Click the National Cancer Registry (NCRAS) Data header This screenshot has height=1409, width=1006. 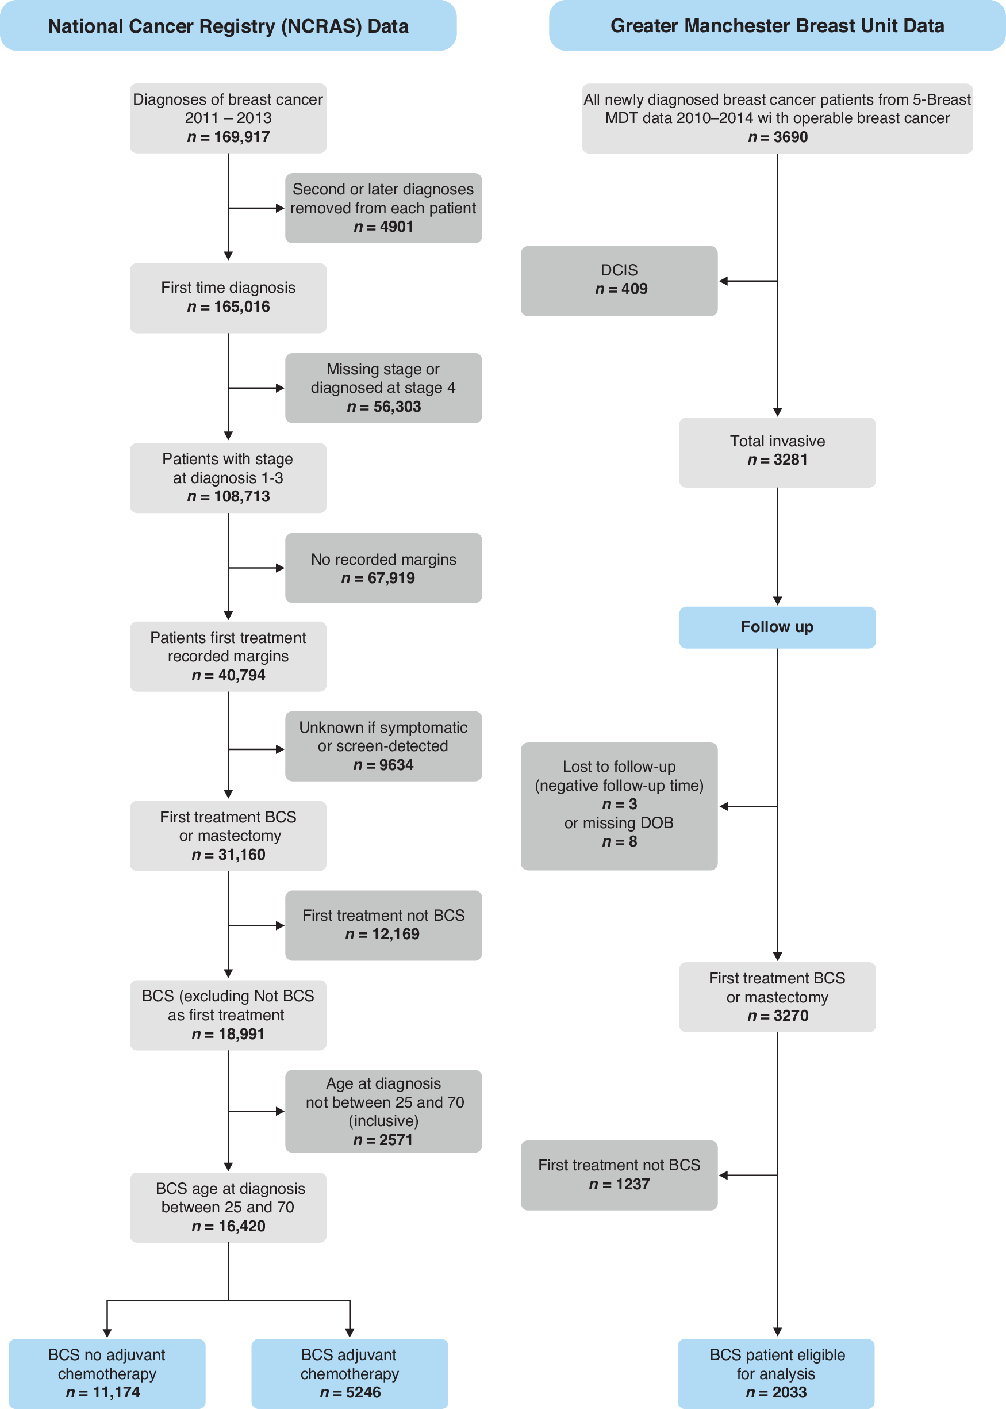tap(228, 26)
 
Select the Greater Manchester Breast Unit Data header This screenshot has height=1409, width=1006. tap(777, 26)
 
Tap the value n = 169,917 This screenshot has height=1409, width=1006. tap(229, 137)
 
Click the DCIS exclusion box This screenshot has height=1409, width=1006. tap(619, 281)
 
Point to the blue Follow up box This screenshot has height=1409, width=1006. tap(777, 627)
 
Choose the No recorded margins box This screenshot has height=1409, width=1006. tap(383, 568)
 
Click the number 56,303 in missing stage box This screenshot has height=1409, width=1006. tap(397, 407)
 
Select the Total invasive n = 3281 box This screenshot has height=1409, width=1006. tap(777, 452)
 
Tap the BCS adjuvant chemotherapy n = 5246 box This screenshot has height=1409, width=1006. tap(350, 1373)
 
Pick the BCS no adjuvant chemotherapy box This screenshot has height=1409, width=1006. tap(106, 1373)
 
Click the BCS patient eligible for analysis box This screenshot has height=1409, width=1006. tap(775, 1373)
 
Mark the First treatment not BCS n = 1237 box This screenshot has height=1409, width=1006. tap(619, 1175)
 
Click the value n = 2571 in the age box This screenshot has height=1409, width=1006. tap(383, 1140)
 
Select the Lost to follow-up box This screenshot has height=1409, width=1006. tap(619, 806)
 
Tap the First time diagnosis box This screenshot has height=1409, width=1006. tap(228, 298)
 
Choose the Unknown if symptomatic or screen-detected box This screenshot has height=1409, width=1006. tap(383, 746)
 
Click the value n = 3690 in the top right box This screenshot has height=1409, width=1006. tap(777, 137)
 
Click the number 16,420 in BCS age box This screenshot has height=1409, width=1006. tap(241, 1226)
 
